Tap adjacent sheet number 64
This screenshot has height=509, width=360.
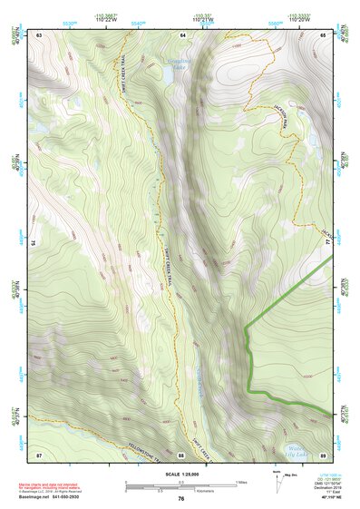181,34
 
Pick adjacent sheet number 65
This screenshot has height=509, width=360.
323,34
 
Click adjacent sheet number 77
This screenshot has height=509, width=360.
325,243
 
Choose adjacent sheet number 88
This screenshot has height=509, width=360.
181,454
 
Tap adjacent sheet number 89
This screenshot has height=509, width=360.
323,454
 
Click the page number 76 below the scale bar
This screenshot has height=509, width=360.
181,498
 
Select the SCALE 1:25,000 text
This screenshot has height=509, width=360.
180,474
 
